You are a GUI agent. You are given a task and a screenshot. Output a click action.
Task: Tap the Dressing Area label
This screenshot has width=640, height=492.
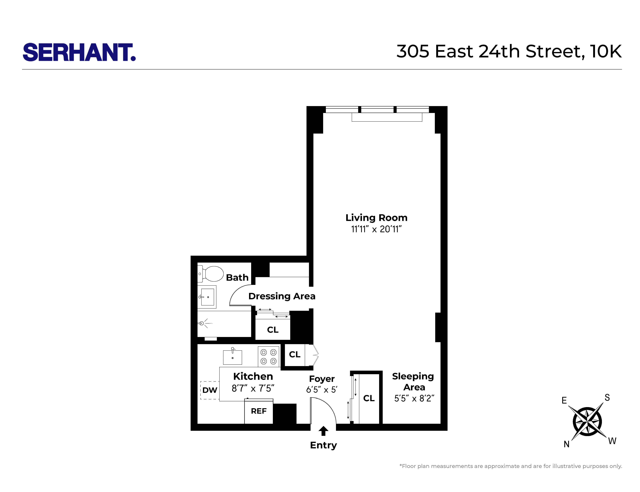click(x=282, y=296)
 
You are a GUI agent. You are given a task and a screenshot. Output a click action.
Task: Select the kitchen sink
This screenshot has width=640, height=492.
click(x=232, y=357)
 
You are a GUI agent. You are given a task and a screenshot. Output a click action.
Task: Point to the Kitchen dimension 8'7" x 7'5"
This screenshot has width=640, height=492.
click(x=253, y=388)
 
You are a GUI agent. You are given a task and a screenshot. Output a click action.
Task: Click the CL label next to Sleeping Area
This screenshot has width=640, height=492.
click(x=369, y=398)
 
